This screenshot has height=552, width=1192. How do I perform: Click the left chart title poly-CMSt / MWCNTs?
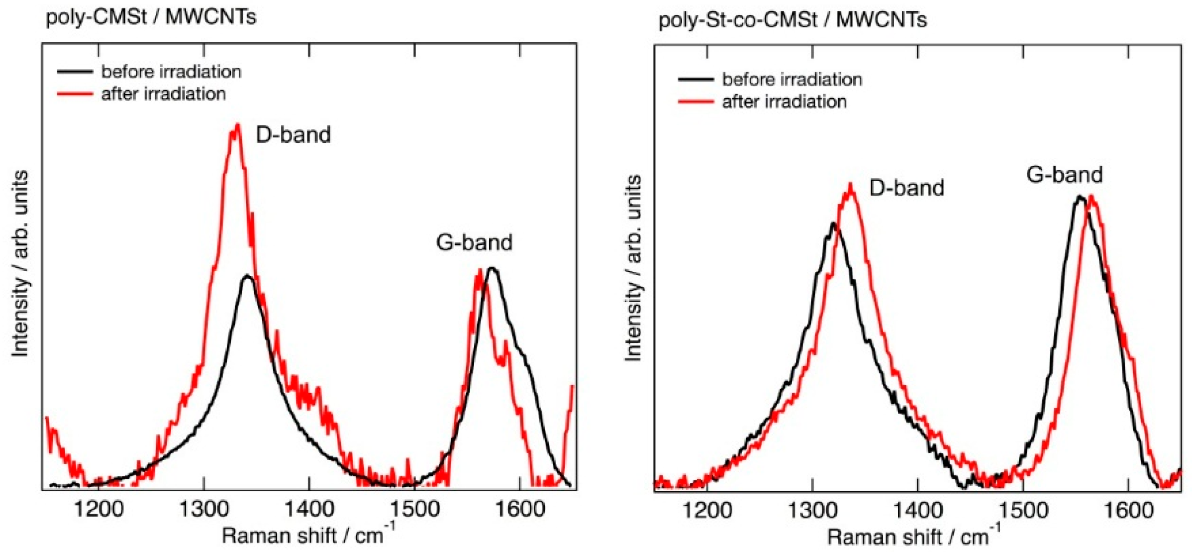151,17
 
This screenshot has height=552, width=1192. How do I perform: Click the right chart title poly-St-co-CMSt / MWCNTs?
792,20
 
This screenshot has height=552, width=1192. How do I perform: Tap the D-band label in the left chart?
293,135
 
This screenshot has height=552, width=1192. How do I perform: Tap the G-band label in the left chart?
474,242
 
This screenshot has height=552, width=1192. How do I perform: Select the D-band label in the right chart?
906,188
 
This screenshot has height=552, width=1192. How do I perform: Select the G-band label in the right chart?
1064,175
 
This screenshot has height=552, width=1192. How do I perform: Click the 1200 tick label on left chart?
99,509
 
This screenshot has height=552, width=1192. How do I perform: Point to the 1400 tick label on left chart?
309,509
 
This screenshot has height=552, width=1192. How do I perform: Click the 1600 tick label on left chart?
519,509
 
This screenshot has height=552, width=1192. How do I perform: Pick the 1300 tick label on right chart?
812,511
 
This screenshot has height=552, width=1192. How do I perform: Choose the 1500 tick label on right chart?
1023,511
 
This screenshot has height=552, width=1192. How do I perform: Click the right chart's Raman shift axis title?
913,537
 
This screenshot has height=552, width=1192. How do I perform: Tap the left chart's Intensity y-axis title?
20,264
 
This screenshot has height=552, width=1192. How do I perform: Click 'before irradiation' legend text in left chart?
171,72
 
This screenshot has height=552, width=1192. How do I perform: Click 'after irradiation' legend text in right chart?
784,102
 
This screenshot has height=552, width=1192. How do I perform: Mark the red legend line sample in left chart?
75,94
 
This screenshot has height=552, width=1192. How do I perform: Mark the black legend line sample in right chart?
695,79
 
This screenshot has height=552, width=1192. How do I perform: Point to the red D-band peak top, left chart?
237,125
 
